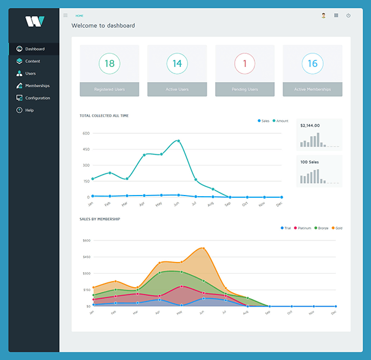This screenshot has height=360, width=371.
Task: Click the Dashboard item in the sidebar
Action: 34,49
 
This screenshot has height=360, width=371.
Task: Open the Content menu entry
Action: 32,61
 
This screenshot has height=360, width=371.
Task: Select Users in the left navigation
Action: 30,74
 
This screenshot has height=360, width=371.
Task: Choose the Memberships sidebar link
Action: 37,86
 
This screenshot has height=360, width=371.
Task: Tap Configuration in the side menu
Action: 37,98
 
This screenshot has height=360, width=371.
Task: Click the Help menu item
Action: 29,110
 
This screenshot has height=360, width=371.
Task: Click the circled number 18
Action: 109,63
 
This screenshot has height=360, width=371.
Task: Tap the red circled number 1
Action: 245,63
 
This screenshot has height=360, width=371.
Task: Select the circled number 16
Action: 312,63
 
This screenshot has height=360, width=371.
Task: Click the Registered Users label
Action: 109,89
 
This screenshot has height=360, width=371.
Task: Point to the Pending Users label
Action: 245,89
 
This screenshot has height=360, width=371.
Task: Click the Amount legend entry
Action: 281,121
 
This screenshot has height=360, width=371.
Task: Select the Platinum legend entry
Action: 303,228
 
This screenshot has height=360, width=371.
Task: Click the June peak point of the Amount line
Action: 178,141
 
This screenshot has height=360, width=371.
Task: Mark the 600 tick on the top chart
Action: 86,133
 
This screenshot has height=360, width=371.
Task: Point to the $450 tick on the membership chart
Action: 86,257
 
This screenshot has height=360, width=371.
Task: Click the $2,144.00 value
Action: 310,126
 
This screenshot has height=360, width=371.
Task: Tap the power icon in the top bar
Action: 348,16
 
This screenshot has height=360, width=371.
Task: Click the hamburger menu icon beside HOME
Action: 65,16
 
